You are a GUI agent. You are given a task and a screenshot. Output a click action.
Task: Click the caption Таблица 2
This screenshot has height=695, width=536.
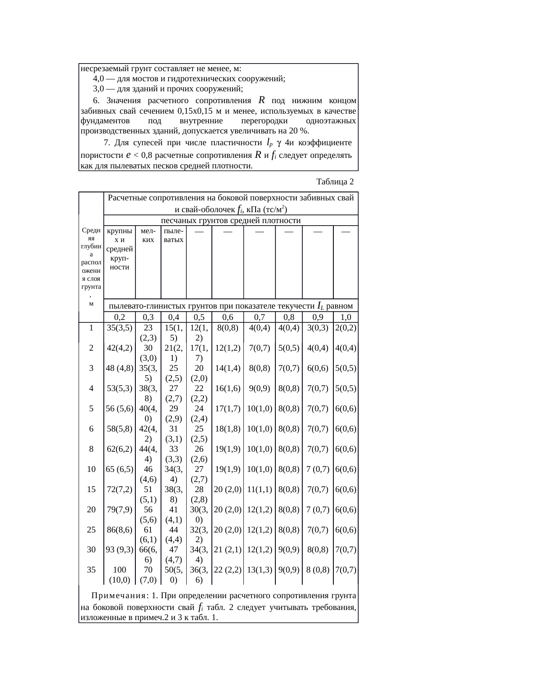tap(335, 182)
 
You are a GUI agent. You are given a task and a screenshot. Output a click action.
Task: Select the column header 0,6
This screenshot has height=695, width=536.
tap(227, 317)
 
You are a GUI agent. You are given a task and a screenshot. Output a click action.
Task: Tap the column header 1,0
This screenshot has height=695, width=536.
tap(346, 317)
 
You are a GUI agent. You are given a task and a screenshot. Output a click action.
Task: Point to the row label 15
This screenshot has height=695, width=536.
tap(91, 489)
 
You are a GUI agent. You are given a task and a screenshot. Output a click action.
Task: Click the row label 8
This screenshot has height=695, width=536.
tap(91, 449)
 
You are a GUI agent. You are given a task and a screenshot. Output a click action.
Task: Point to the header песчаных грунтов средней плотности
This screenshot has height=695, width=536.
tap(231, 221)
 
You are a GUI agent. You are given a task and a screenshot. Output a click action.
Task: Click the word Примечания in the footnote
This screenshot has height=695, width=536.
tap(119, 596)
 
